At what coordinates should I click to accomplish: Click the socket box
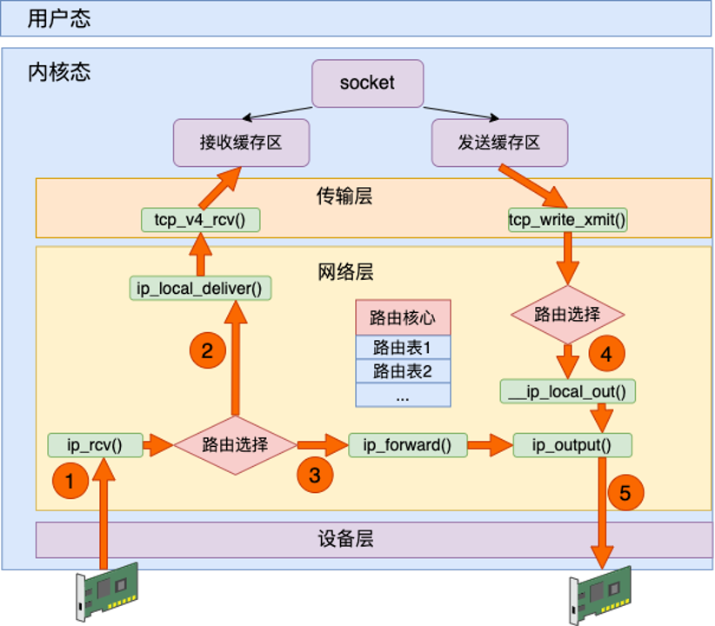pos(367,83)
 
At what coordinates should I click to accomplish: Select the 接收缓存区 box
pos(241,143)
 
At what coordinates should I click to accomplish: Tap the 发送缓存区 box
pos(499,143)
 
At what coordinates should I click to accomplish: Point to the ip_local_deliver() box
pos(199,287)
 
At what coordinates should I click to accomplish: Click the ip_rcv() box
pos(95,446)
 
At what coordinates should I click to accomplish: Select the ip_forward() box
pos(407,446)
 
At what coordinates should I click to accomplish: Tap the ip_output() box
pos(571,446)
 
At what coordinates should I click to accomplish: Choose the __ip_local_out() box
pos(568,391)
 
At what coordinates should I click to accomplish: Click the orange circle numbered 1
pos(71,479)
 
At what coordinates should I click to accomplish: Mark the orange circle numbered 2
pos(207,351)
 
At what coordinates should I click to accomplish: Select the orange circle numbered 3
pos(314,476)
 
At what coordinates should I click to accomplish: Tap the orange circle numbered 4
pos(606,354)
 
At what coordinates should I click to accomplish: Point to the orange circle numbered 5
pos(625,494)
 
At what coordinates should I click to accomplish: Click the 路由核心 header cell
pos(403,317)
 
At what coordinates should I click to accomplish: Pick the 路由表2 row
pos(403,371)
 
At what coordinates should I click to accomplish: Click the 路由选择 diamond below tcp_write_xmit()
pos(567,314)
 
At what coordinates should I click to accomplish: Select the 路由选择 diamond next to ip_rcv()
pos(235,445)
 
